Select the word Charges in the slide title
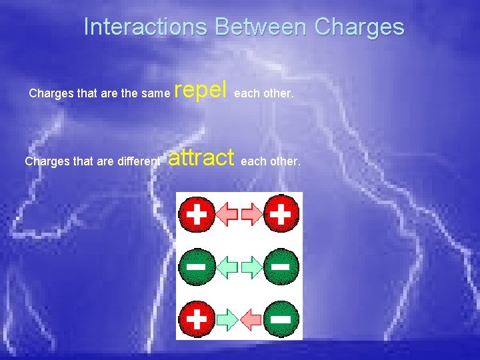[359, 27]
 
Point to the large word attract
[201, 157]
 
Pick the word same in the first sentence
[155, 93]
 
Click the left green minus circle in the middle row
[196, 266]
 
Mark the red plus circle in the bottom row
[197, 318]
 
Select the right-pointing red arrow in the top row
[251, 214]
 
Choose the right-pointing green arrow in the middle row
[251, 267]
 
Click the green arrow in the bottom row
[227, 318]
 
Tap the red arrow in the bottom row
[251, 318]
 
